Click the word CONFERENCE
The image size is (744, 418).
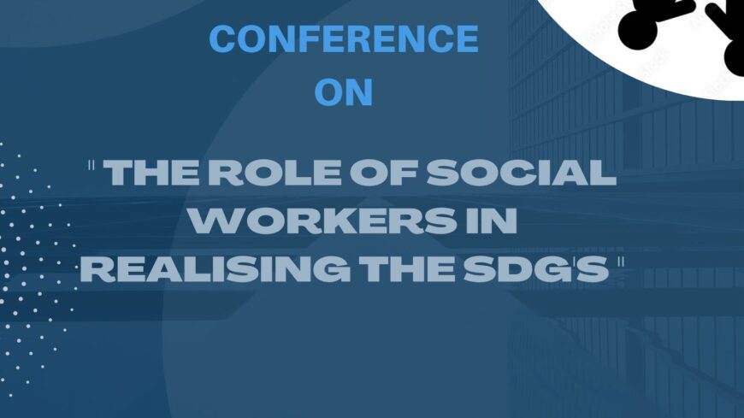point(344,39)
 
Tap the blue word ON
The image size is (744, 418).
point(344,91)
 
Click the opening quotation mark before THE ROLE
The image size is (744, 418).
point(92,166)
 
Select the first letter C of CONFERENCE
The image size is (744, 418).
point(224,39)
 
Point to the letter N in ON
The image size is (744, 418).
point(359,91)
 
